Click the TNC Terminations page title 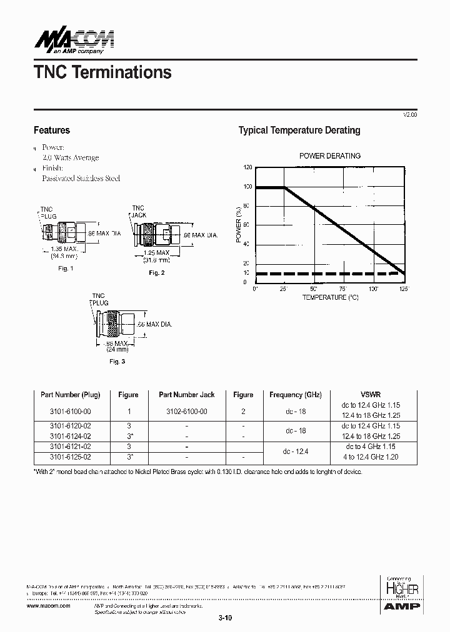click(102, 72)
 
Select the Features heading click(51, 131)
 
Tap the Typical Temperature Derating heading click(299, 131)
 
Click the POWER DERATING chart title click(329, 156)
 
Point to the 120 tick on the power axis click(247, 168)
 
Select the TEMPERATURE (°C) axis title click(330, 299)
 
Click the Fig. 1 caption click(64, 269)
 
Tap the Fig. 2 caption click(156, 274)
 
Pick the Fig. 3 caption click(117, 362)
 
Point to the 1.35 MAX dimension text click(64, 249)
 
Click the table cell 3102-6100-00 click(187, 412)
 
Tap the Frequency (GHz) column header click(295, 395)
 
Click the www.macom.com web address click(48, 606)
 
